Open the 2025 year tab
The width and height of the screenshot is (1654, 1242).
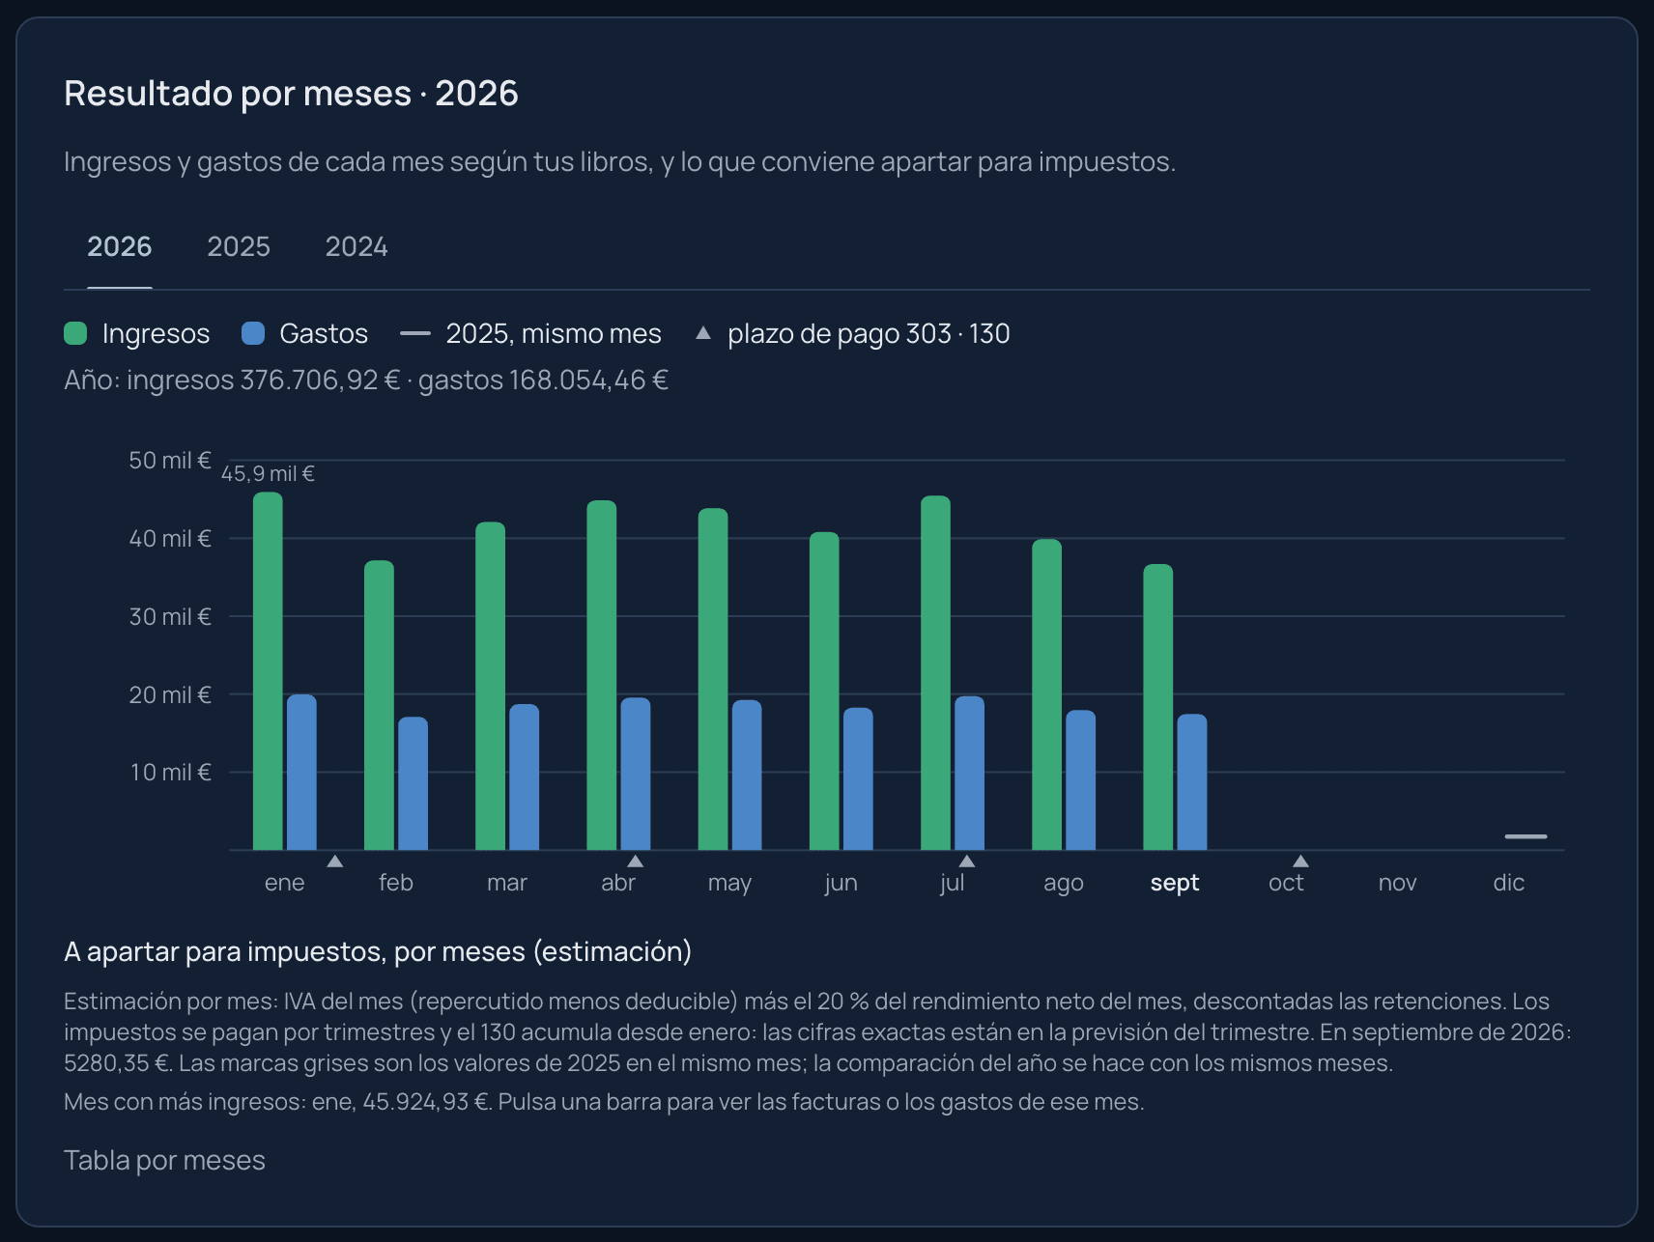pyautogui.click(x=239, y=246)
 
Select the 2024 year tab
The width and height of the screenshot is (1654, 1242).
pyautogui.click(x=356, y=246)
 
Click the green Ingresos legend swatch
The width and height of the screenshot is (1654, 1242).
pyautogui.click(x=75, y=333)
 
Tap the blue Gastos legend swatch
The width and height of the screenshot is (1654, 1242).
pyautogui.click(x=252, y=333)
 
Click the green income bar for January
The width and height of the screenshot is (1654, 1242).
pyautogui.click(x=268, y=671)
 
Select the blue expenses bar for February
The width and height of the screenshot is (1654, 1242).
pyautogui.click(x=413, y=783)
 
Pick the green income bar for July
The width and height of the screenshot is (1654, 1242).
pyautogui.click(x=935, y=673)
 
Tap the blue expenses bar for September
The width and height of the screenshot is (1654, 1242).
pyautogui.click(x=1192, y=782)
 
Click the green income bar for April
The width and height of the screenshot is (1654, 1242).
pyautogui.click(x=601, y=675)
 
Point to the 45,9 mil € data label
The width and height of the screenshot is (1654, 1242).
pyautogui.click(x=268, y=473)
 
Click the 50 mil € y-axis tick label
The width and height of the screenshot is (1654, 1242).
pyautogui.click(x=170, y=461)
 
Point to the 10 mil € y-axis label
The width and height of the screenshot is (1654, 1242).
pyautogui.click(x=170, y=773)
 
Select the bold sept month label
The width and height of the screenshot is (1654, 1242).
pyautogui.click(x=1175, y=883)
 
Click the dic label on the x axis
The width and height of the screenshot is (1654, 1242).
pyautogui.click(x=1509, y=883)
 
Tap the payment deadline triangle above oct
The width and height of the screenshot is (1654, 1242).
pyautogui.click(x=1300, y=861)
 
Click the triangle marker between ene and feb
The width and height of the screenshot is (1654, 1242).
pyautogui.click(x=334, y=861)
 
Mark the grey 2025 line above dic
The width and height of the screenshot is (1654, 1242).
pyautogui.click(x=1526, y=836)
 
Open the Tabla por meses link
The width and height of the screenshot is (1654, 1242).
pyautogui.click(x=164, y=1160)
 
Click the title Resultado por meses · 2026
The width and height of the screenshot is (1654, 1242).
pyautogui.click(x=291, y=94)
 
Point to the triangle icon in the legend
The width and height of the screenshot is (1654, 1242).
pyautogui.click(x=703, y=333)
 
